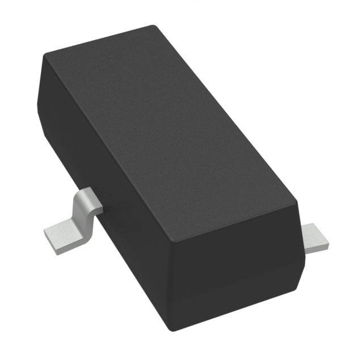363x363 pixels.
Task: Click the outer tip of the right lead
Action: pos(327,244)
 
